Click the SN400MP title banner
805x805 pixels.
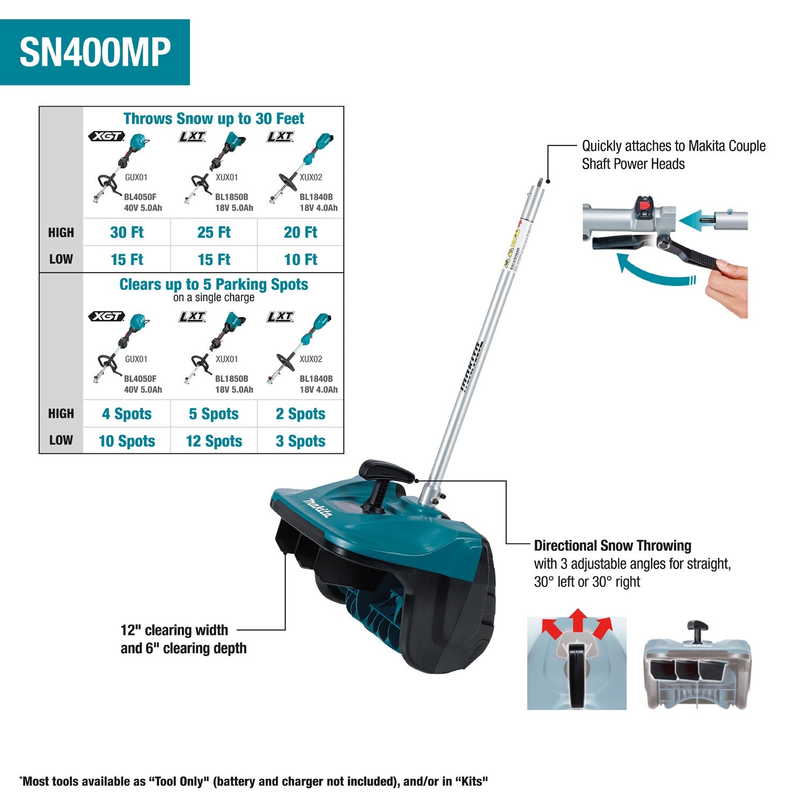[95, 52]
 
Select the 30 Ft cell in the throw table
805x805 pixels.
[127, 232]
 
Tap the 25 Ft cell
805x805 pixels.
[214, 232]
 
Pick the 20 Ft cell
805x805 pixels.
[301, 232]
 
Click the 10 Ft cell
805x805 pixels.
[301, 260]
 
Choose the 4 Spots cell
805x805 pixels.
[127, 414]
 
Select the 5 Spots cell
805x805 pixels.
[214, 414]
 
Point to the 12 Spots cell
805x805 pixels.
[214, 441]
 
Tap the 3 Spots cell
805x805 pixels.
[301, 441]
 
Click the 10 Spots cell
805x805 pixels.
[127, 441]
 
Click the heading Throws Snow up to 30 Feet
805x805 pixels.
[214, 119]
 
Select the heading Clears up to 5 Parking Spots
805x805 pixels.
[214, 284]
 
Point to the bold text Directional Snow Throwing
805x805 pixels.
[612, 546]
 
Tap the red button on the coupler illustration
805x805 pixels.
[642, 206]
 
